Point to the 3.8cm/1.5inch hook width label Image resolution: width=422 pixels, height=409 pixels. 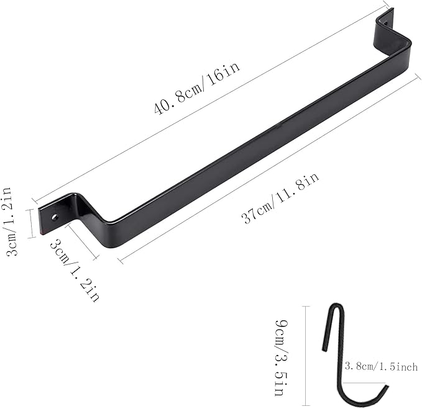[x=381, y=366]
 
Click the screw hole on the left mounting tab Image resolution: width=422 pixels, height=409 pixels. [x=55, y=217]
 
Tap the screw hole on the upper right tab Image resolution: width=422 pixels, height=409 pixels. [x=386, y=23]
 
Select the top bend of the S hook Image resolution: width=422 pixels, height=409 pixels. [x=336, y=307]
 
